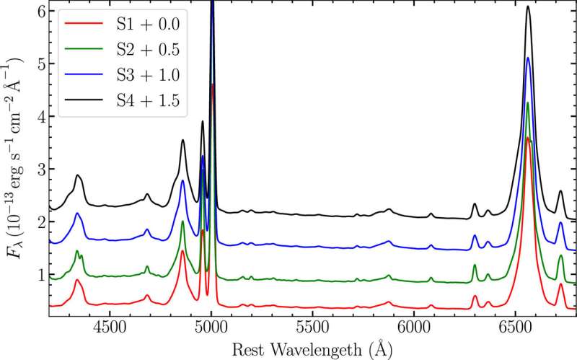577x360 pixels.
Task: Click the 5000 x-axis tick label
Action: tap(211, 326)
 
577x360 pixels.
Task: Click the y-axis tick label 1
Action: tap(40, 275)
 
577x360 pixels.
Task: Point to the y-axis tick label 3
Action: tap(40, 169)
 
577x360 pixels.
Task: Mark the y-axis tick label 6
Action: tap(40, 11)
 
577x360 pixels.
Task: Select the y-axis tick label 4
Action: tap(40, 116)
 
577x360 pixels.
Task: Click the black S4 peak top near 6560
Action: tap(528, 6)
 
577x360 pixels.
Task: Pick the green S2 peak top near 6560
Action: tap(528, 103)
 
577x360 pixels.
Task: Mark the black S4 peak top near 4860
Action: tap(183, 140)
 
